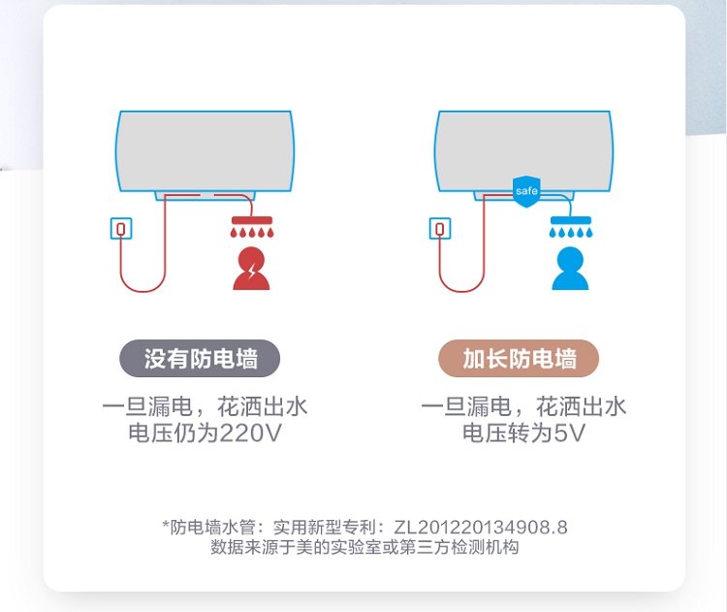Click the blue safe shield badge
point(526,191)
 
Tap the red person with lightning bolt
point(251,269)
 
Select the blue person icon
point(570,269)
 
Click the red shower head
point(252,220)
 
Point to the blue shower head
point(571,220)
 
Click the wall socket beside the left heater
point(121,228)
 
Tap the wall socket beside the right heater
point(440,228)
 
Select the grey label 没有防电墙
point(200,358)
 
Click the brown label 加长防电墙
point(519,358)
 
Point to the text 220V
point(250,434)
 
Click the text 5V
point(570,434)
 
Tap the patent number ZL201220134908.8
point(481,527)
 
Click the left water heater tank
point(205,151)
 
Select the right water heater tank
point(523,151)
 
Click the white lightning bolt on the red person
point(252,271)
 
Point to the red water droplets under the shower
point(252,232)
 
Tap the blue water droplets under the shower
point(571,232)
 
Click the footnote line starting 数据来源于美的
point(364,547)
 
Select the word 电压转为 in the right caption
point(507,434)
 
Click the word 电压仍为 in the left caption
point(173,434)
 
